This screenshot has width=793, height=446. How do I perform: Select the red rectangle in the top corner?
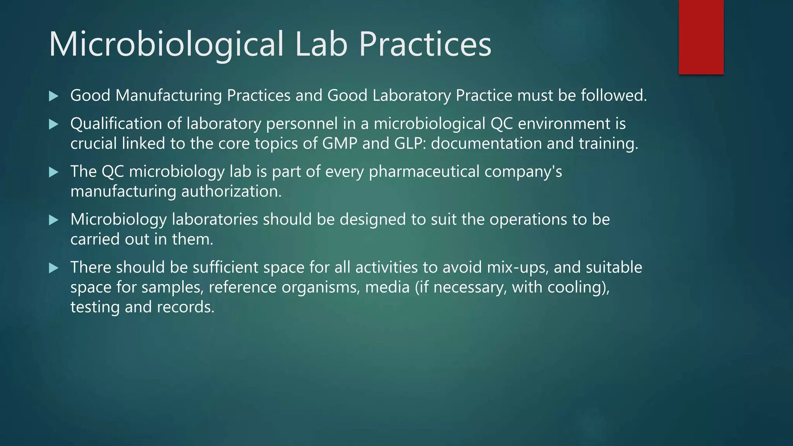[x=701, y=37]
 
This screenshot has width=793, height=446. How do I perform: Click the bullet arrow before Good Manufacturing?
[x=54, y=96]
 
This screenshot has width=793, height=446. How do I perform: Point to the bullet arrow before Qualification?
[x=54, y=124]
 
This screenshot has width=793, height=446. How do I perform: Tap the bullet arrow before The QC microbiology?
[x=54, y=172]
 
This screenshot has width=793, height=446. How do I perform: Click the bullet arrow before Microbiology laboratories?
[x=54, y=220]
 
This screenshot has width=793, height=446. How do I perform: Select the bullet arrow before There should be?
[x=54, y=268]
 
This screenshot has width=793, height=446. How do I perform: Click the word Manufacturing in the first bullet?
[x=168, y=96]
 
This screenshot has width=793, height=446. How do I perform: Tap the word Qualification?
[x=116, y=124]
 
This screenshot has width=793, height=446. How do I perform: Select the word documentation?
[x=486, y=143]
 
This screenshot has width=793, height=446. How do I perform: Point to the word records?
[x=185, y=307]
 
